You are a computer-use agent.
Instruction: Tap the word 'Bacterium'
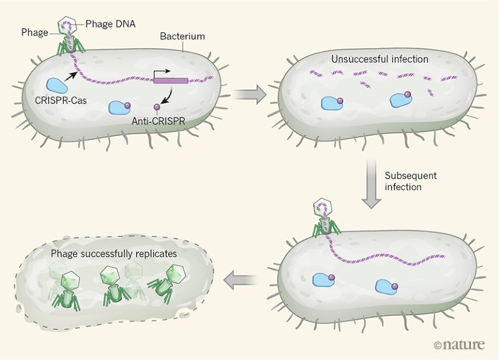point(180,37)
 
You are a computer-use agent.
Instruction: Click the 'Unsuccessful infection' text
point(379,59)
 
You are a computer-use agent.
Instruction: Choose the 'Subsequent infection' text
point(412,182)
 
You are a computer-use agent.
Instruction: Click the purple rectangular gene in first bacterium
point(170,81)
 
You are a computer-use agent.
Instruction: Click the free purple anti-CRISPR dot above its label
point(157,106)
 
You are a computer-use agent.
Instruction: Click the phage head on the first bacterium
point(66,26)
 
